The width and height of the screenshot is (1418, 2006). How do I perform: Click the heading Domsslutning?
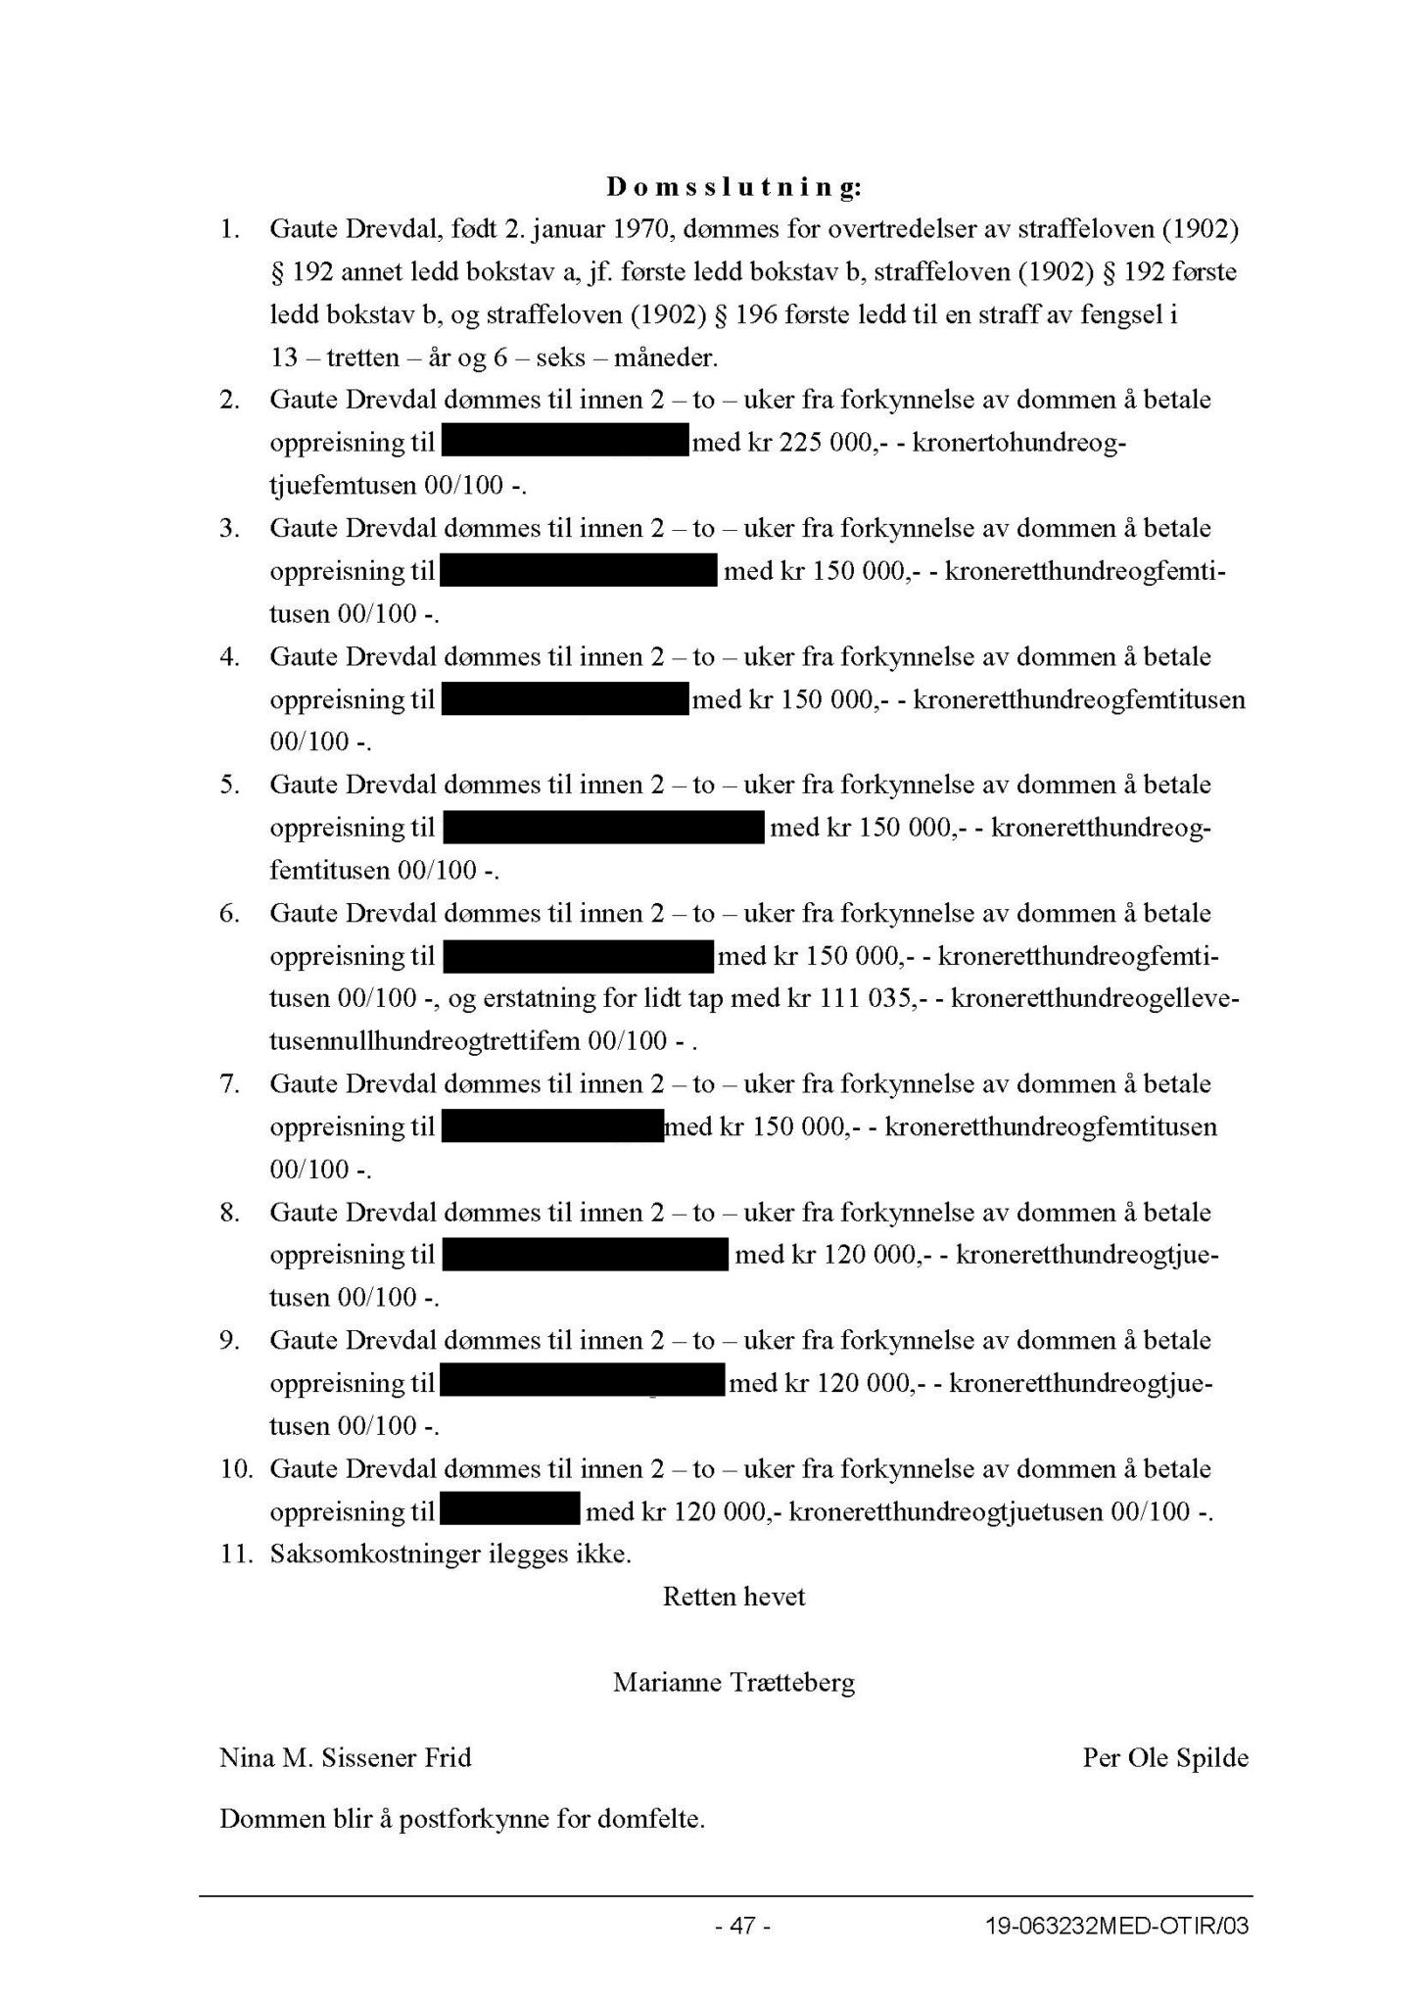click(733, 187)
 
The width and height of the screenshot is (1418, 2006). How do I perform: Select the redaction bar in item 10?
click(510, 1511)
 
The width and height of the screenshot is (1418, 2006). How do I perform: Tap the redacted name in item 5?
click(603, 829)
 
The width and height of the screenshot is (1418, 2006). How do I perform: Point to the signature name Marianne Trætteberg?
click(733, 1683)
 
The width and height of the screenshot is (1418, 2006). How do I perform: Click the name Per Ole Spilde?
click(1165, 1757)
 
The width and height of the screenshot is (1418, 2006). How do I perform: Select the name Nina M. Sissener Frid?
click(346, 1757)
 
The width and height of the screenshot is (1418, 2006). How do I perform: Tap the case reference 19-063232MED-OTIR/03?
click(1116, 1926)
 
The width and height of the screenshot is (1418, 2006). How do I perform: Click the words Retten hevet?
click(733, 1597)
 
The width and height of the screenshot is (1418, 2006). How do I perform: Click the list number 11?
click(236, 1554)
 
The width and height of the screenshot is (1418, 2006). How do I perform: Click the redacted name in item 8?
click(586, 1256)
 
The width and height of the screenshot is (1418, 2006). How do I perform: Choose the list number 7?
click(230, 1084)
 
